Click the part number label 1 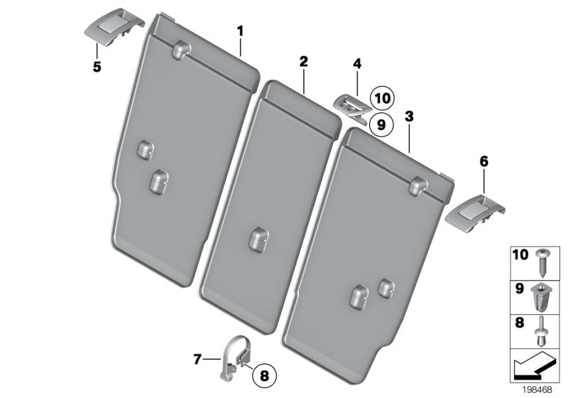click(x=240, y=31)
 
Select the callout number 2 click(x=303, y=62)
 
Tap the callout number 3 click(x=409, y=116)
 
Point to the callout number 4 click(x=356, y=65)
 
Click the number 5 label click(x=97, y=68)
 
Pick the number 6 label click(x=484, y=162)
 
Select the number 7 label click(x=197, y=360)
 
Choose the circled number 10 click(x=383, y=98)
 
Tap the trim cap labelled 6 click(x=473, y=210)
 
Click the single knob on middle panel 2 click(x=257, y=238)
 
